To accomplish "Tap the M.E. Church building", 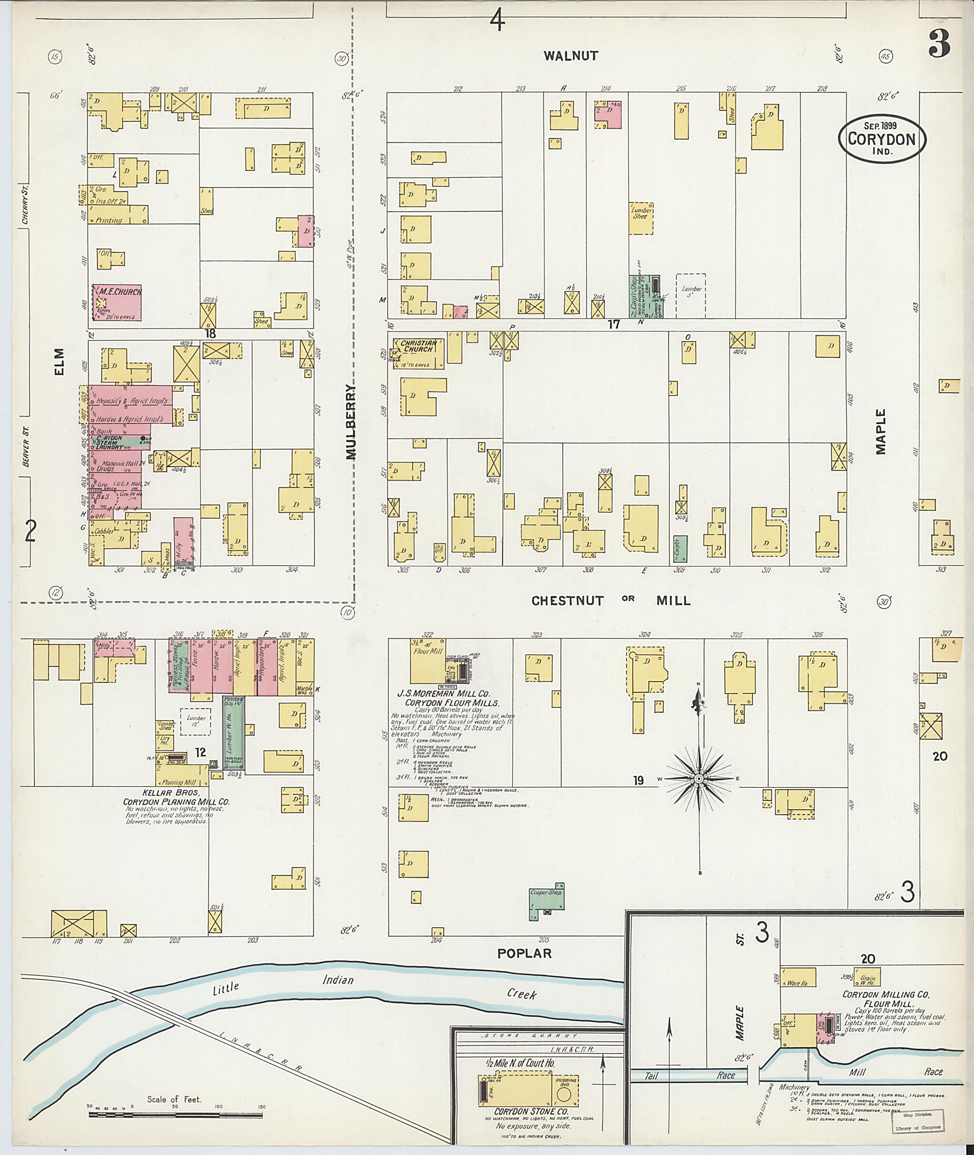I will [x=117, y=302].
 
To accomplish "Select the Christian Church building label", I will [x=419, y=346].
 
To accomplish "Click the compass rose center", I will [x=699, y=778].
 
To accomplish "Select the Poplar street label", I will [x=524, y=953].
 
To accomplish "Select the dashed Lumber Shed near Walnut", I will [x=641, y=218].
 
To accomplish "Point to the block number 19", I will [x=638, y=780].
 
